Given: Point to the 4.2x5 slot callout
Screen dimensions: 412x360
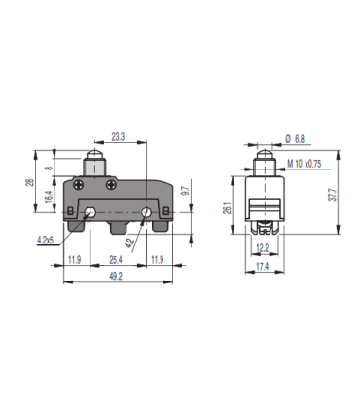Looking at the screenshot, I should [44, 238].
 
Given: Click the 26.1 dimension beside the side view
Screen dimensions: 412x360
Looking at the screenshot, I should [228, 207].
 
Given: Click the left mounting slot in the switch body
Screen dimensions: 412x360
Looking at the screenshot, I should [89, 213].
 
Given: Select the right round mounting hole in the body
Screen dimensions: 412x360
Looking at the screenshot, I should [146, 212].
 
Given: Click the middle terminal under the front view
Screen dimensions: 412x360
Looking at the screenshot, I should [119, 230].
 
